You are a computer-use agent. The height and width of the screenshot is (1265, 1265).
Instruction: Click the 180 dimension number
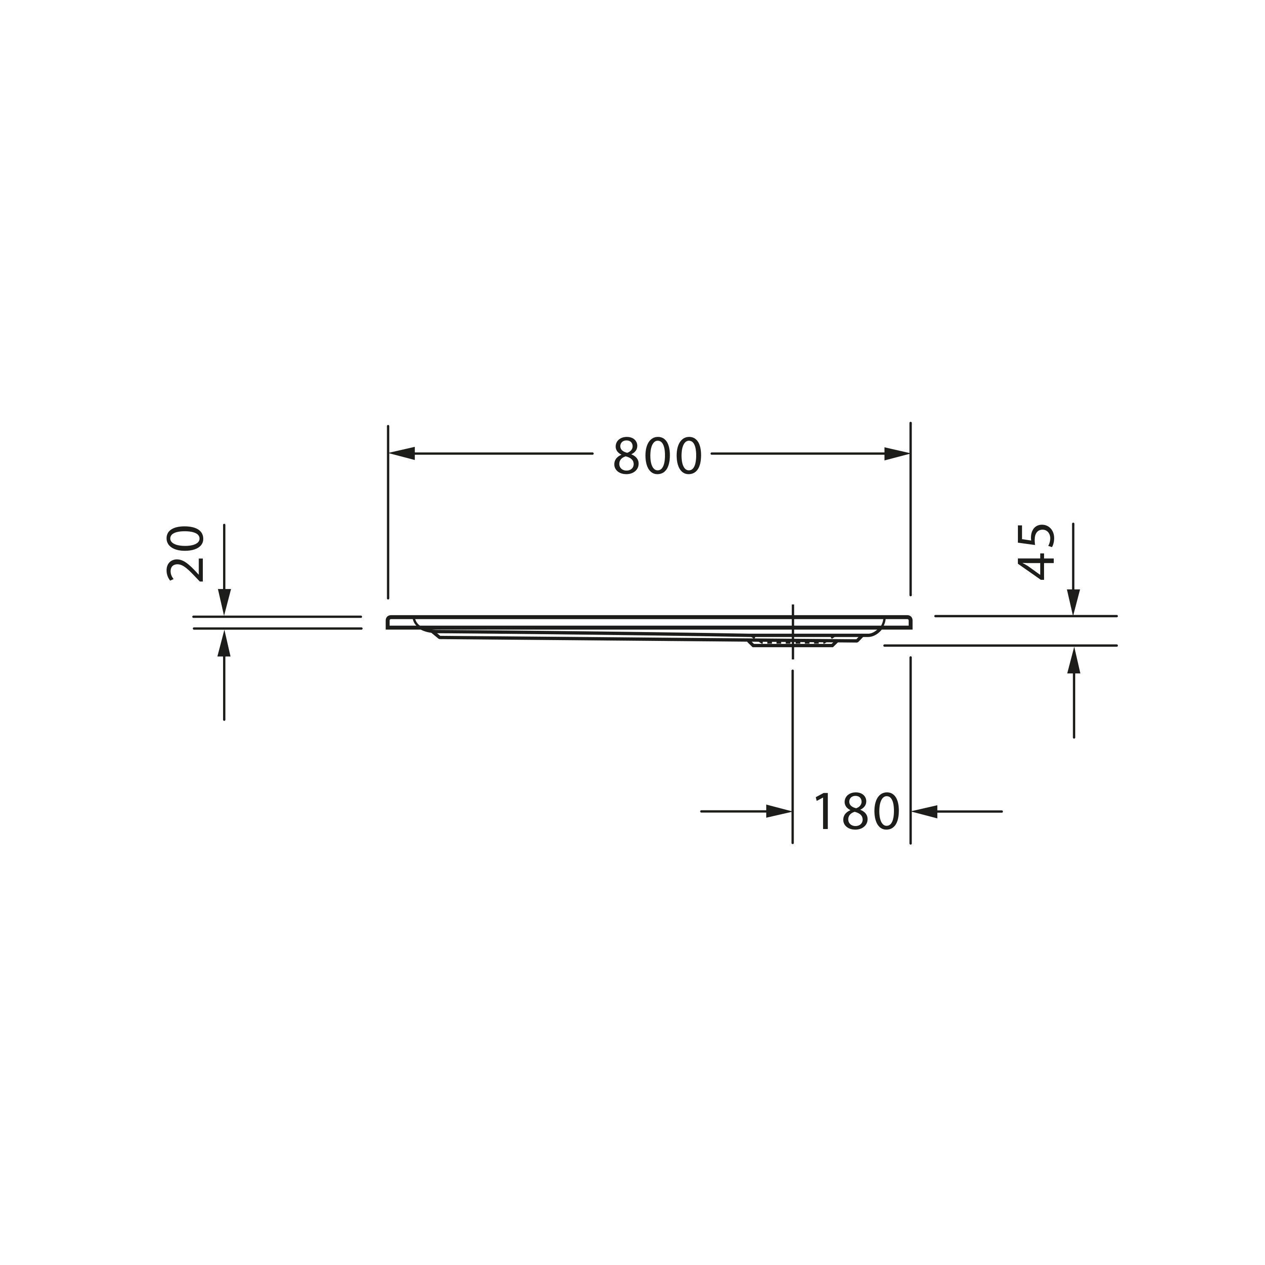856,812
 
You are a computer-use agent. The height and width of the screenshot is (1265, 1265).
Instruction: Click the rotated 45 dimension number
1036,552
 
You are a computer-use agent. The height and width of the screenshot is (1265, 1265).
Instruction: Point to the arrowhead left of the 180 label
779,812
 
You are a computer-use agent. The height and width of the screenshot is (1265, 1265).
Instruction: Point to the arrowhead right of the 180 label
925,812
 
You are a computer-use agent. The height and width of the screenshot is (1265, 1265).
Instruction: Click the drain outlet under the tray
793,642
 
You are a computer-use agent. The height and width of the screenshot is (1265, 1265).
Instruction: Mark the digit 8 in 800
627,456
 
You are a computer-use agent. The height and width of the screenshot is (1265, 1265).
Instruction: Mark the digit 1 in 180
823,812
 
